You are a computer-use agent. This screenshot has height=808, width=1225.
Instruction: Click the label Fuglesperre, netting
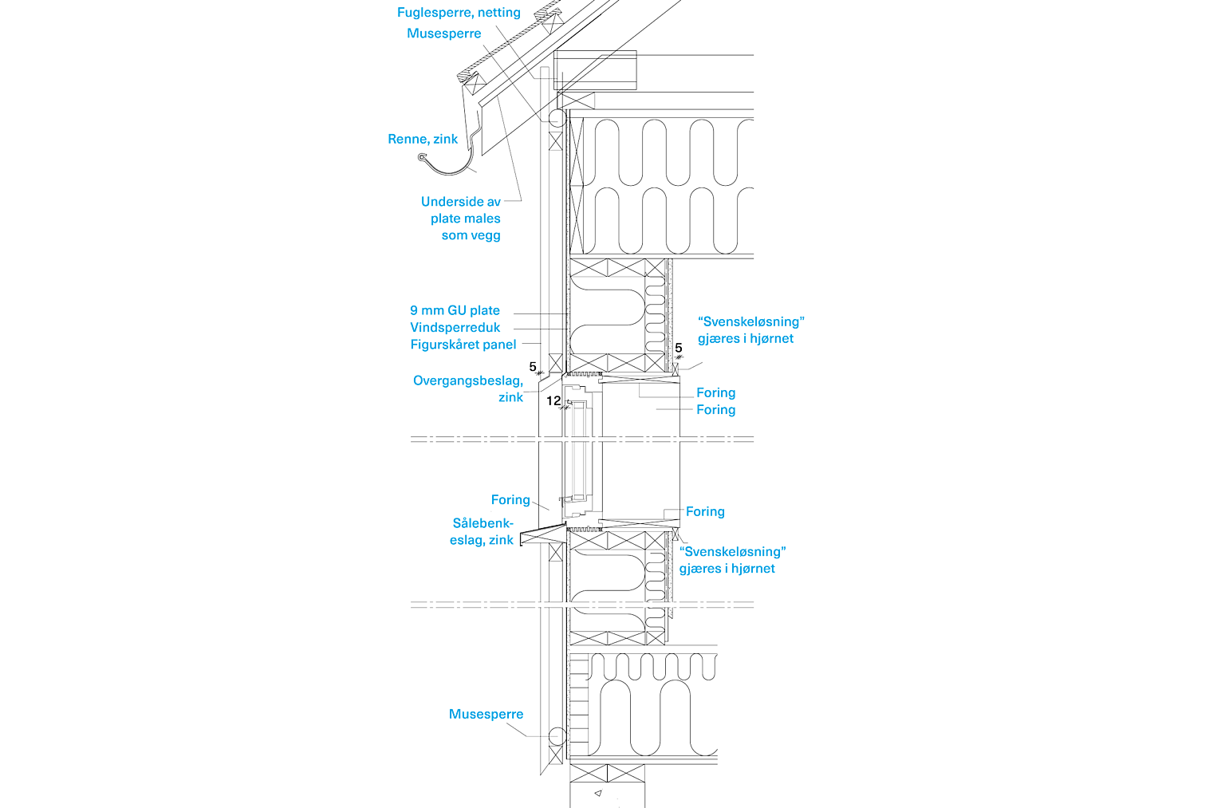click(459, 13)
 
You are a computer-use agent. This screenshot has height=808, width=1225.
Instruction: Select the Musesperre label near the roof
click(443, 34)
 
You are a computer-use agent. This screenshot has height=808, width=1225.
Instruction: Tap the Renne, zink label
click(423, 139)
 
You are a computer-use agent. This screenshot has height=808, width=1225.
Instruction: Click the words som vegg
click(471, 235)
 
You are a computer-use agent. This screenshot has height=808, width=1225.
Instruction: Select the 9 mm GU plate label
click(455, 309)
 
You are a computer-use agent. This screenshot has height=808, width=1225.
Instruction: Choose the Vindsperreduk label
click(455, 327)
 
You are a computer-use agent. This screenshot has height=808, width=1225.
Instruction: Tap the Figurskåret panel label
click(463, 345)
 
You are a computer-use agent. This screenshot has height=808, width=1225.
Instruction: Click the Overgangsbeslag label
click(467, 380)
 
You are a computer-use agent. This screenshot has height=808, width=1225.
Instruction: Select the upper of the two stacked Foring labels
click(715, 392)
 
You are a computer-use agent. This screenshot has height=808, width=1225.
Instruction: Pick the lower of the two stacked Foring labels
click(715, 410)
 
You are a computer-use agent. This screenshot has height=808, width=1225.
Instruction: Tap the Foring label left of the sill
click(510, 500)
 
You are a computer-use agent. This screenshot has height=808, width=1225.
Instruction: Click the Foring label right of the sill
click(705, 511)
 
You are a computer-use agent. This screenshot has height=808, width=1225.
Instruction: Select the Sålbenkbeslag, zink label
click(483, 531)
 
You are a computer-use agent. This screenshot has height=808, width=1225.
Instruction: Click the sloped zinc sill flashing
click(542, 532)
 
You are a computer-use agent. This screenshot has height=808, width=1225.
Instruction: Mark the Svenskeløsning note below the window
click(732, 551)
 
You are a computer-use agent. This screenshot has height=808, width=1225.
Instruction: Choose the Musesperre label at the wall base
click(486, 714)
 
